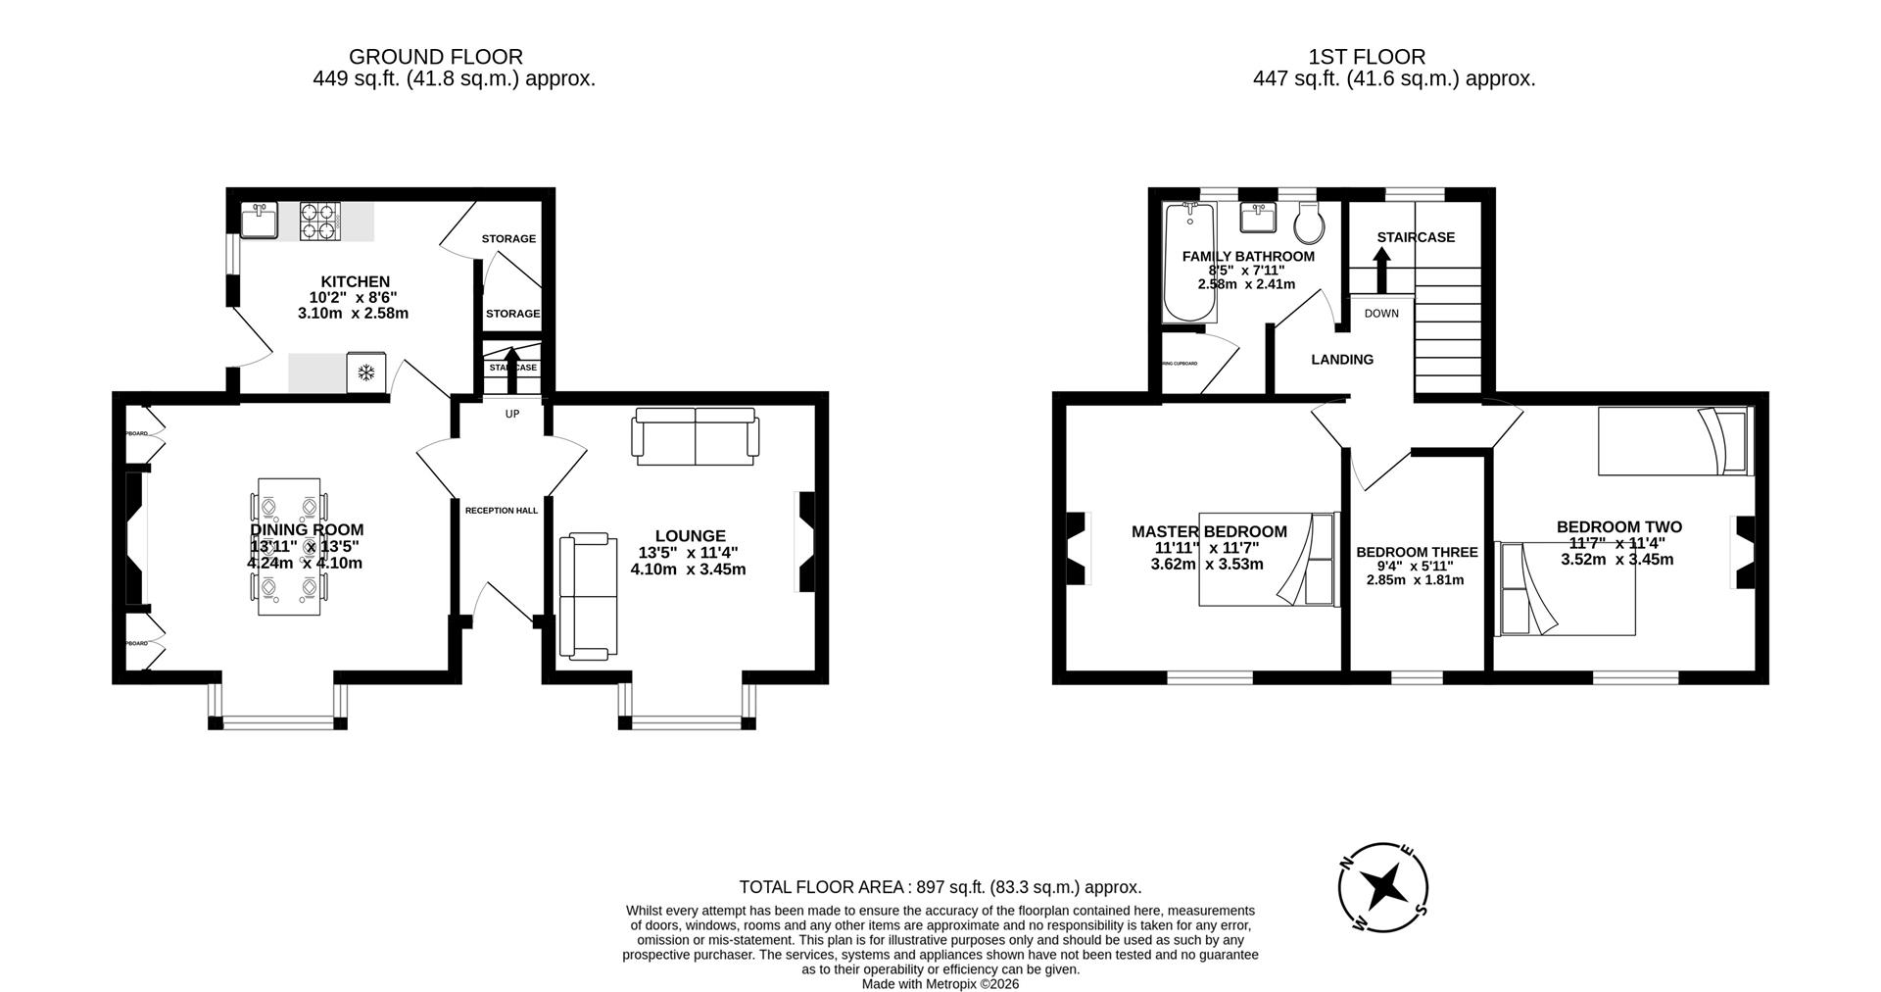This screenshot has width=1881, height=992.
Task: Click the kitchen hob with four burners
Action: coord(318,221)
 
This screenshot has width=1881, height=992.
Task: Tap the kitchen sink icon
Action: coord(260,220)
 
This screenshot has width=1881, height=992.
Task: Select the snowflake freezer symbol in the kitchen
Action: coord(366,372)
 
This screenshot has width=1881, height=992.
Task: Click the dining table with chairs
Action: coord(289,546)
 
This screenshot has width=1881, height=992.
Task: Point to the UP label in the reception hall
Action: coord(511,414)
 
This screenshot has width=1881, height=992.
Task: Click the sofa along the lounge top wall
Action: coord(696,436)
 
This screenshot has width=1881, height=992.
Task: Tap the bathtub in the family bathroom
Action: coord(1189,263)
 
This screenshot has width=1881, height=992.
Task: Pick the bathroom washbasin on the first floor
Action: coord(1257,218)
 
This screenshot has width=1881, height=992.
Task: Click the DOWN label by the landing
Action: coord(1381,314)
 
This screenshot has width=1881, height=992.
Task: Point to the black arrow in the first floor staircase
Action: coord(1381,270)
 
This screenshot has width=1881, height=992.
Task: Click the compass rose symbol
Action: coord(1383,887)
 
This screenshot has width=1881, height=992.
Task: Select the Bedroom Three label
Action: coord(1417,552)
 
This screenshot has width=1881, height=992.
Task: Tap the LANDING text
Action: coord(1342,360)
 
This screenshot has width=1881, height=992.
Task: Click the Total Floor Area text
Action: coord(940,887)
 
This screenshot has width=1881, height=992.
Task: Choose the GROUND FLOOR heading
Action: coord(435,57)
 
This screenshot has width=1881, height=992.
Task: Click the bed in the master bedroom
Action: coord(1269,559)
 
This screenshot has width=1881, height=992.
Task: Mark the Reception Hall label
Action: coord(501,511)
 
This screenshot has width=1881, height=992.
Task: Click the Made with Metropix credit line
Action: coord(940,983)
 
